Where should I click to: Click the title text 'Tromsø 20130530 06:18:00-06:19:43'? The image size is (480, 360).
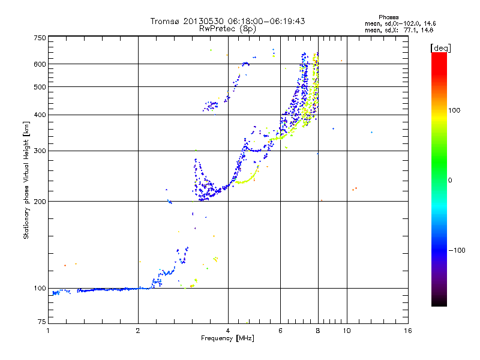coord(227,21)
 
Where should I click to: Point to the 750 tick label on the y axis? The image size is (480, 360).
coord(40,38)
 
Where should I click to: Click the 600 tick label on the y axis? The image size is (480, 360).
coord(40,64)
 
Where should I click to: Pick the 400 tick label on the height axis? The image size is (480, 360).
coord(40,115)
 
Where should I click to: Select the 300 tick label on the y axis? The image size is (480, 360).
coord(40,151)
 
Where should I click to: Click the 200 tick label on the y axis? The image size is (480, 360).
coord(40,202)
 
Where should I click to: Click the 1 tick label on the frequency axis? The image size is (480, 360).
coord(48,331)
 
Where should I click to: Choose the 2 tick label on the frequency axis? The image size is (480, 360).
coord(138,331)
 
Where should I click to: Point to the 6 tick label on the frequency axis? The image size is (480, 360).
coord(281,331)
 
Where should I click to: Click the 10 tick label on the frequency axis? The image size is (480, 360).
coord(347,331)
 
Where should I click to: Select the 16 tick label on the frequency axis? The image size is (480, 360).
coord(407,331)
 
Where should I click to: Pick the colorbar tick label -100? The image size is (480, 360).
coord(457,250)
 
